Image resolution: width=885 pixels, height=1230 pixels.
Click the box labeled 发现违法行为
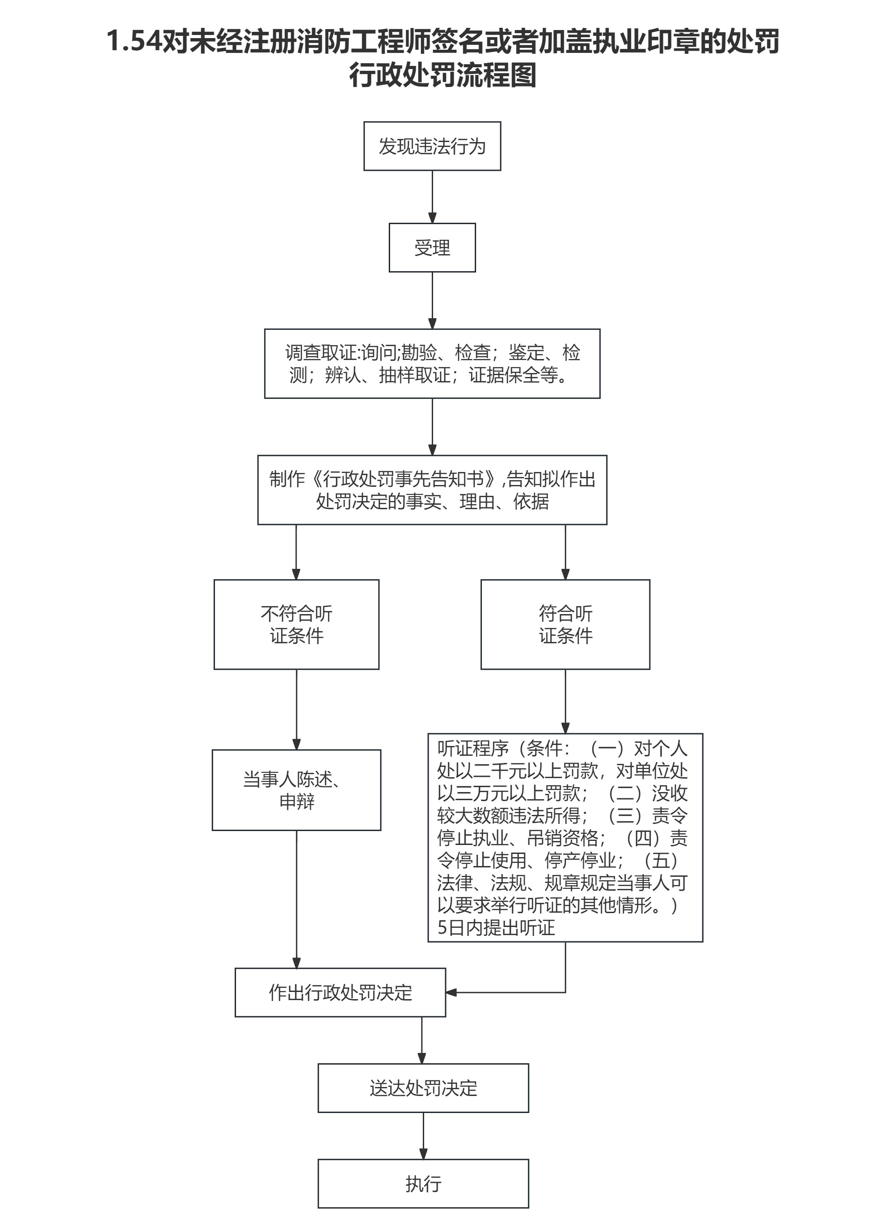click(432, 146)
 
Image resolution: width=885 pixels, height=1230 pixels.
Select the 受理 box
click(432, 247)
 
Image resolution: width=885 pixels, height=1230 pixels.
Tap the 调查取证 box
click(432, 364)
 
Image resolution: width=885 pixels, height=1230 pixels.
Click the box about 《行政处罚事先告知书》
click(432, 490)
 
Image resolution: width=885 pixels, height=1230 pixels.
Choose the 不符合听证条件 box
click(296, 624)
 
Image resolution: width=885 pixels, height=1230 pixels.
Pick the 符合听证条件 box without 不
click(565, 624)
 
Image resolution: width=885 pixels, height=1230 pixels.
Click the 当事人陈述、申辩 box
click(296, 790)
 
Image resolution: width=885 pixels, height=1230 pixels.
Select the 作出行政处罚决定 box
click(340, 992)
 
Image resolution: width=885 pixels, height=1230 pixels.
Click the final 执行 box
click(423, 1184)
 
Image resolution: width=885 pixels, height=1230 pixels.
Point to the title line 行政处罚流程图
click(442, 75)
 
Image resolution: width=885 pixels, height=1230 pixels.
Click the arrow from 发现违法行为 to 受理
click(432, 196)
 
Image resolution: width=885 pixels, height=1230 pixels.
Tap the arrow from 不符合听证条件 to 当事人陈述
click(296, 710)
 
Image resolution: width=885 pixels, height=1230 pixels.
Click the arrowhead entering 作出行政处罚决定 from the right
click(451, 992)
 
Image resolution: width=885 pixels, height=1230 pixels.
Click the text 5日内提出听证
click(496, 928)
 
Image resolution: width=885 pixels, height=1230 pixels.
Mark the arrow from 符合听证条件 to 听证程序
click(565, 701)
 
